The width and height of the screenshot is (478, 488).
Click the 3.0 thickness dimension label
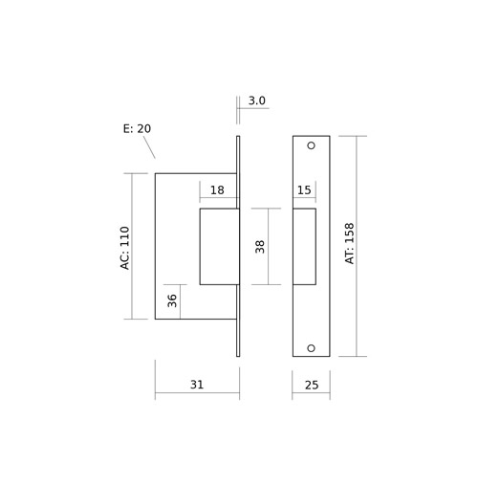(256, 100)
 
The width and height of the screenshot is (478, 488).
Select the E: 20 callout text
(137, 129)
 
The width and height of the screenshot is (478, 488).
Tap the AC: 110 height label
(125, 248)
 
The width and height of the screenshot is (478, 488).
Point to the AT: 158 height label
(350, 243)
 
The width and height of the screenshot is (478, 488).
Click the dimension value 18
(217, 190)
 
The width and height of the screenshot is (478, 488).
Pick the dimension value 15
(304, 190)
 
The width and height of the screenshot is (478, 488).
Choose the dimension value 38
(260, 247)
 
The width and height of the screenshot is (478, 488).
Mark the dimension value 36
(172, 300)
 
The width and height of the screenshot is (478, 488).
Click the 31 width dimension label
(197, 385)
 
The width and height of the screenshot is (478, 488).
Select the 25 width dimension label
(312, 386)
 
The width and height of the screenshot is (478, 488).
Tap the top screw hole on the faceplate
(311, 145)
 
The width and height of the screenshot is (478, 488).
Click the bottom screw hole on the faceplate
(311, 348)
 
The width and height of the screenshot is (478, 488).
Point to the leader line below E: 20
(149, 147)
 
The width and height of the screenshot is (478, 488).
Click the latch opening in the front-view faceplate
(304, 247)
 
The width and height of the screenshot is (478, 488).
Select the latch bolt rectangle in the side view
(219, 247)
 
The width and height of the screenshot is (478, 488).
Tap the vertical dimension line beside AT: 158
(357, 246)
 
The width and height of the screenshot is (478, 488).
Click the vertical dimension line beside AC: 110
(132, 246)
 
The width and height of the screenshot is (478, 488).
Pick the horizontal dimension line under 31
(197, 392)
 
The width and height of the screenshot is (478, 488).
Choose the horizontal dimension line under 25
(311, 392)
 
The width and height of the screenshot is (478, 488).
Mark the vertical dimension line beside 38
(269, 247)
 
